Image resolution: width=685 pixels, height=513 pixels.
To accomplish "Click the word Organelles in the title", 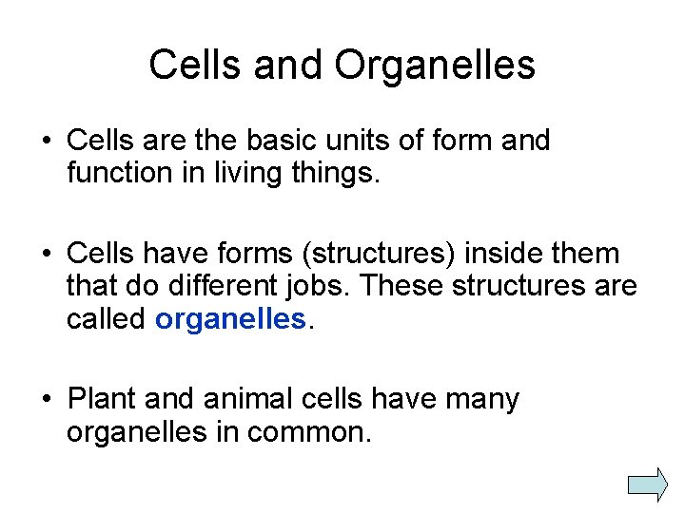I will pyautogui.click(x=435, y=66).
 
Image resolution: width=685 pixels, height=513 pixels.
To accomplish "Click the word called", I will pyautogui.click(x=106, y=319).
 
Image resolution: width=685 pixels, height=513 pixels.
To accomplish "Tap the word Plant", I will pyautogui.click(x=105, y=400).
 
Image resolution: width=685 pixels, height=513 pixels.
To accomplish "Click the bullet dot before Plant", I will pyautogui.click(x=46, y=400).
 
